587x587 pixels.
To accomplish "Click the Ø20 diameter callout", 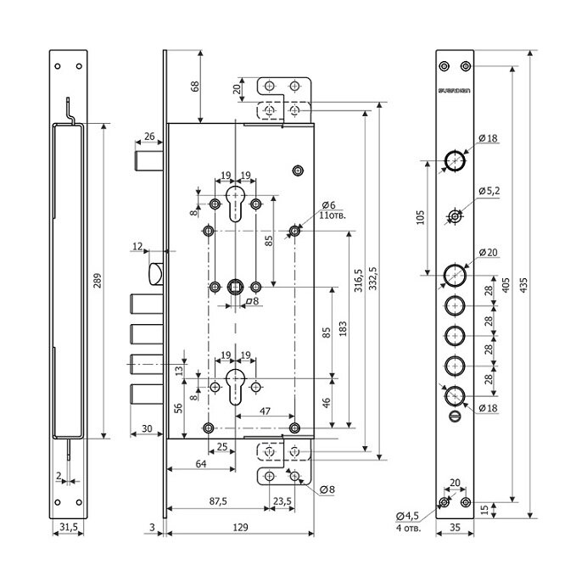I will (x=488, y=253).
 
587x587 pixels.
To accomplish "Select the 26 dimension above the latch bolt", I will (x=148, y=137).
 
